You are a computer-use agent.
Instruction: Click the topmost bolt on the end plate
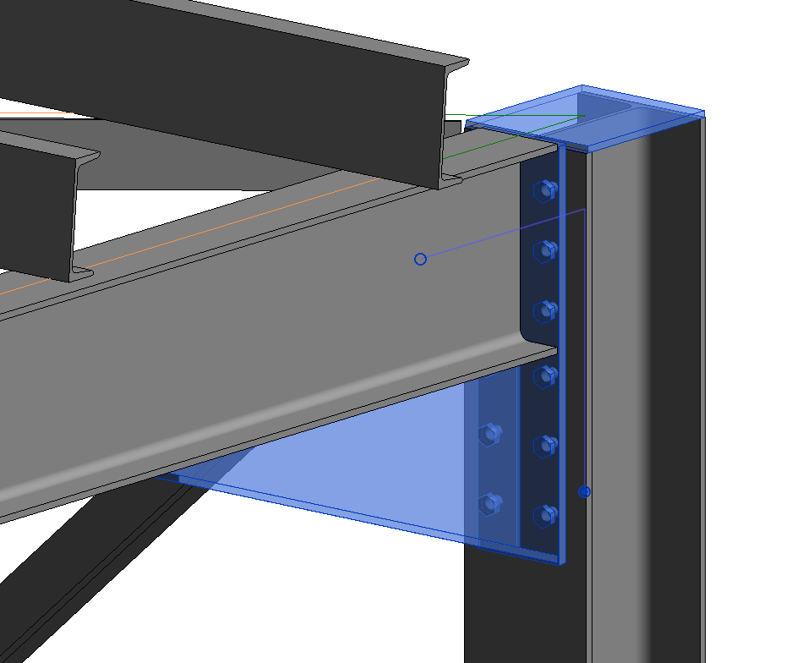coord(545,190)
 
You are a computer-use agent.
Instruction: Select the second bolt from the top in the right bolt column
coord(545,249)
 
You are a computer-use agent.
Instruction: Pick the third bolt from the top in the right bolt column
coord(545,311)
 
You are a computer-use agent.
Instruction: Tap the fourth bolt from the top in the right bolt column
coord(545,375)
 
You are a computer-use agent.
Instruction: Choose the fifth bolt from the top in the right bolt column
coord(545,446)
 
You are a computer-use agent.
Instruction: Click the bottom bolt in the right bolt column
coord(545,513)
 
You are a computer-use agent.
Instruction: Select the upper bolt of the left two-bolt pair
coord(489,435)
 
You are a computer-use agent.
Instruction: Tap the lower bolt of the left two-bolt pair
coord(489,504)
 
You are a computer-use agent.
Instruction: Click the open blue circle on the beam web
coord(420,259)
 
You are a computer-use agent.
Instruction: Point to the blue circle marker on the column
coord(584,491)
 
